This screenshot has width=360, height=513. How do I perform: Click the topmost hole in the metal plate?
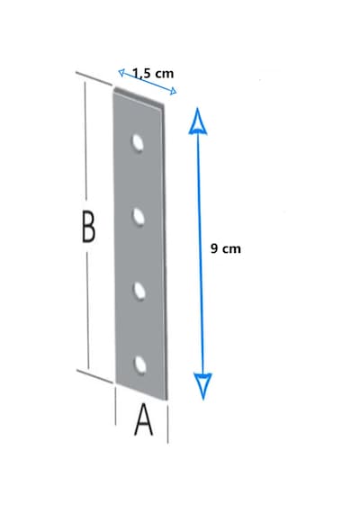click(x=138, y=143)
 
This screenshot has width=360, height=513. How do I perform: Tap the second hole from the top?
click(x=139, y=217)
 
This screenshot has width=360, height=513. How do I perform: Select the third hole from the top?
click(x=139, y=291)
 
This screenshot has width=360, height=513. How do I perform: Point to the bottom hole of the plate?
click(x=140, y=365)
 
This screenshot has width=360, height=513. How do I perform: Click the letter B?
click(x=88, y=227)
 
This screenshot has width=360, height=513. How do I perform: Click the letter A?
click(x=144, y=419)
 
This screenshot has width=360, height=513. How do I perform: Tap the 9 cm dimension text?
click(x=226, y=248)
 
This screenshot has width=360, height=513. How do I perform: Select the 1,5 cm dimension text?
click(x=153, y=73)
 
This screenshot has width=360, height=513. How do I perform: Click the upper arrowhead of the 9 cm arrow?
click(x=198, y=121)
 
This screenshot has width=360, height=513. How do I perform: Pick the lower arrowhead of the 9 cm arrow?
click(x=202, y=386)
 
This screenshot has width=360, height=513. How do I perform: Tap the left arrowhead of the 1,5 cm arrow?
click(x=121, y=72)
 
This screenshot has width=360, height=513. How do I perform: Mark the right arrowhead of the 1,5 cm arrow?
click(x=173, y=91)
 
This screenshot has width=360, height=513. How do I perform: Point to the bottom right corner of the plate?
click(x=167, y=400)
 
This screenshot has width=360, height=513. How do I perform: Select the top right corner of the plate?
click(x=164, y=105)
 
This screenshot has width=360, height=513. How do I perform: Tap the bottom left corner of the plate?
click(x=116, y=382)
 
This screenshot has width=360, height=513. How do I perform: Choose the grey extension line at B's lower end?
click(x=94, y=376)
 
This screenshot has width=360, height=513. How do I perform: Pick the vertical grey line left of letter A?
click(x=115, y=406)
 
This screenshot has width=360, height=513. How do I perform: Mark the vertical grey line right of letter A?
click(x=167, y=424)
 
